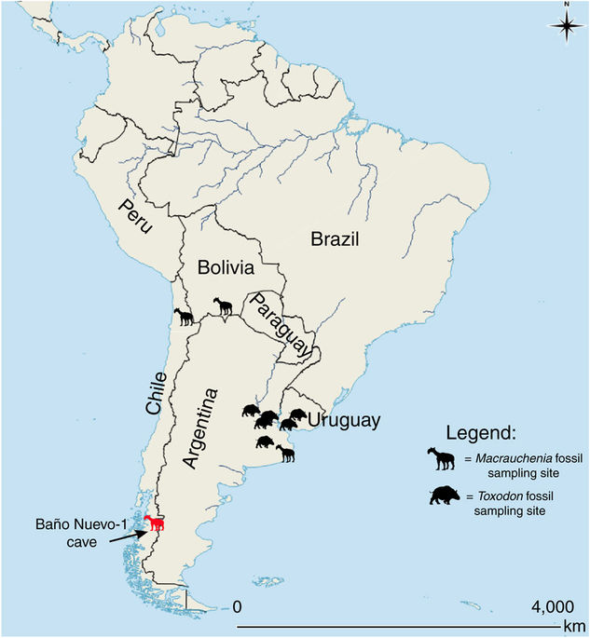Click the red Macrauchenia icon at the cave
pos(155,523)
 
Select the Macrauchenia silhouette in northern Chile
pos(185,318)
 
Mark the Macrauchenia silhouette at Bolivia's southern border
pos(222,305)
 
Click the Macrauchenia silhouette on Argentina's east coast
pos(285,454)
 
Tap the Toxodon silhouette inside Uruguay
pos(299,414)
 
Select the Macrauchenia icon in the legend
pos(443,459)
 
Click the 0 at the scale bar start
pos(237,606)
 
